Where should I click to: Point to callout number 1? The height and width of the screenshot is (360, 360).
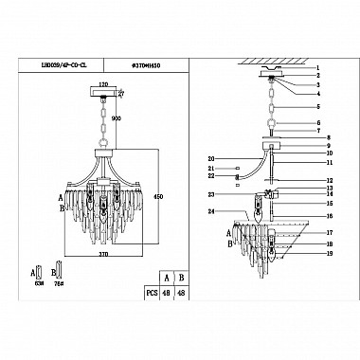point(319,71)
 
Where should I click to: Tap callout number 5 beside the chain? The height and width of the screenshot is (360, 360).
point(319,107)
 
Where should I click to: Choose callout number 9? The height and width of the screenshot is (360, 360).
point(319,145)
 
